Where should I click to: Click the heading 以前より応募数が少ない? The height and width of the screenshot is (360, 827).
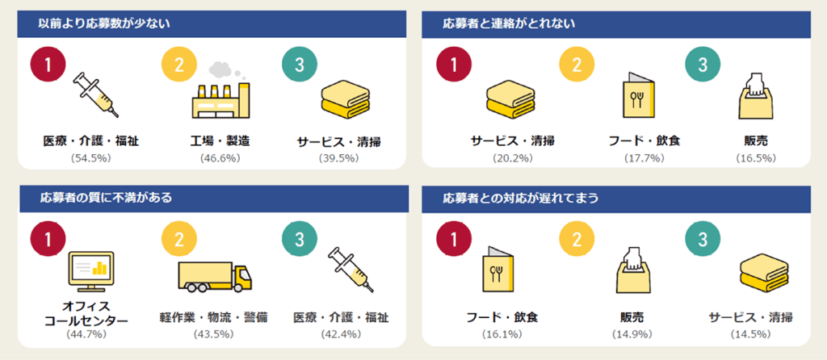click(104, 23)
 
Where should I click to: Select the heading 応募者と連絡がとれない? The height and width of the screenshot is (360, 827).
click(509, 23)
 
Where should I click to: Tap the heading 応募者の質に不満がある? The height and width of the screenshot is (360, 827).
click(106, 199)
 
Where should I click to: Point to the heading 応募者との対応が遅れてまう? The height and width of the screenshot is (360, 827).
click(520, 199)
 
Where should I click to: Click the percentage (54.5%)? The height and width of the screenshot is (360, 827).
click(90, 157)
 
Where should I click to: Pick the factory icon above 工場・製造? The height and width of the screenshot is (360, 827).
click(220, 90)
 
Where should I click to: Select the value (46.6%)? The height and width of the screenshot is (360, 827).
click(220, 157)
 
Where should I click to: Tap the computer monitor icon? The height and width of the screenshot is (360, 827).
click(92, 271)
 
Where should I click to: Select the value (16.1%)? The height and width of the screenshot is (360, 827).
click(502, 333)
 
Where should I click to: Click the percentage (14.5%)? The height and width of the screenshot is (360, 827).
click(750, 333)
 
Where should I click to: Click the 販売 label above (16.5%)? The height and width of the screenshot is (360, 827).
click(756, 140)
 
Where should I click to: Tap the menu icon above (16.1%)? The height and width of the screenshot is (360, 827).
click(497, 269)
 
